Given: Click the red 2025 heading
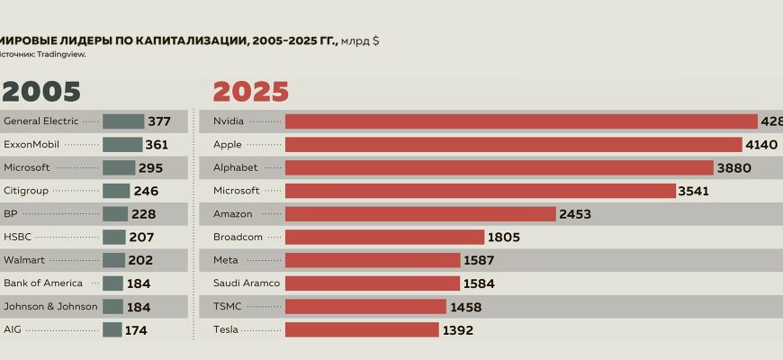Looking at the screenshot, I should point(250,92).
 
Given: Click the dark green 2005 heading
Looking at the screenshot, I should point(41,92).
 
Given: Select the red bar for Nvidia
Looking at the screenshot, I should point(521,121).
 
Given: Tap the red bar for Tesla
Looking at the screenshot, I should point(362,330).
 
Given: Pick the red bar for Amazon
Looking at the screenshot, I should point(420,214).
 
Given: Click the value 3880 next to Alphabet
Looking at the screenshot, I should point(733,167).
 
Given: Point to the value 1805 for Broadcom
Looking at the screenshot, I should point(503,238).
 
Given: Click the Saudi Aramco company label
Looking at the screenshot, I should point(238,283).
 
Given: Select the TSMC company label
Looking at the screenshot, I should point(227,307).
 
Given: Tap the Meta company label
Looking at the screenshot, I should point(225,261).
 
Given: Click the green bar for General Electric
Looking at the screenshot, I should point(123,121).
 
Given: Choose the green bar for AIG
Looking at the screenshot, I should point(112,330).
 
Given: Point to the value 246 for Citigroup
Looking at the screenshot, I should point(146,191).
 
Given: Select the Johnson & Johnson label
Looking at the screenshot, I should point(50,307).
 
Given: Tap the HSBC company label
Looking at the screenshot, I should point(17,238).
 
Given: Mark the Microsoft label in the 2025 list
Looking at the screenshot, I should point(237,191).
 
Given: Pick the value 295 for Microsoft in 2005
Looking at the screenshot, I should point(150,167).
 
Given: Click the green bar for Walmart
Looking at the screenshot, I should point(113,261).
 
